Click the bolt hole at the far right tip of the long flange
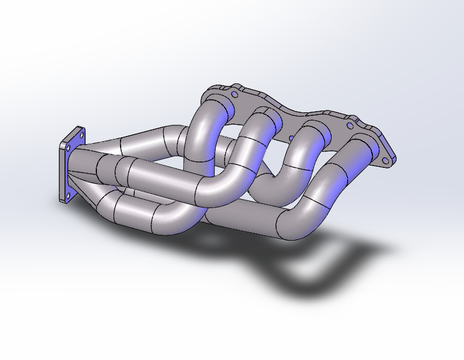(387, 158)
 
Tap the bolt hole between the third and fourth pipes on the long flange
(350, 125)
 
